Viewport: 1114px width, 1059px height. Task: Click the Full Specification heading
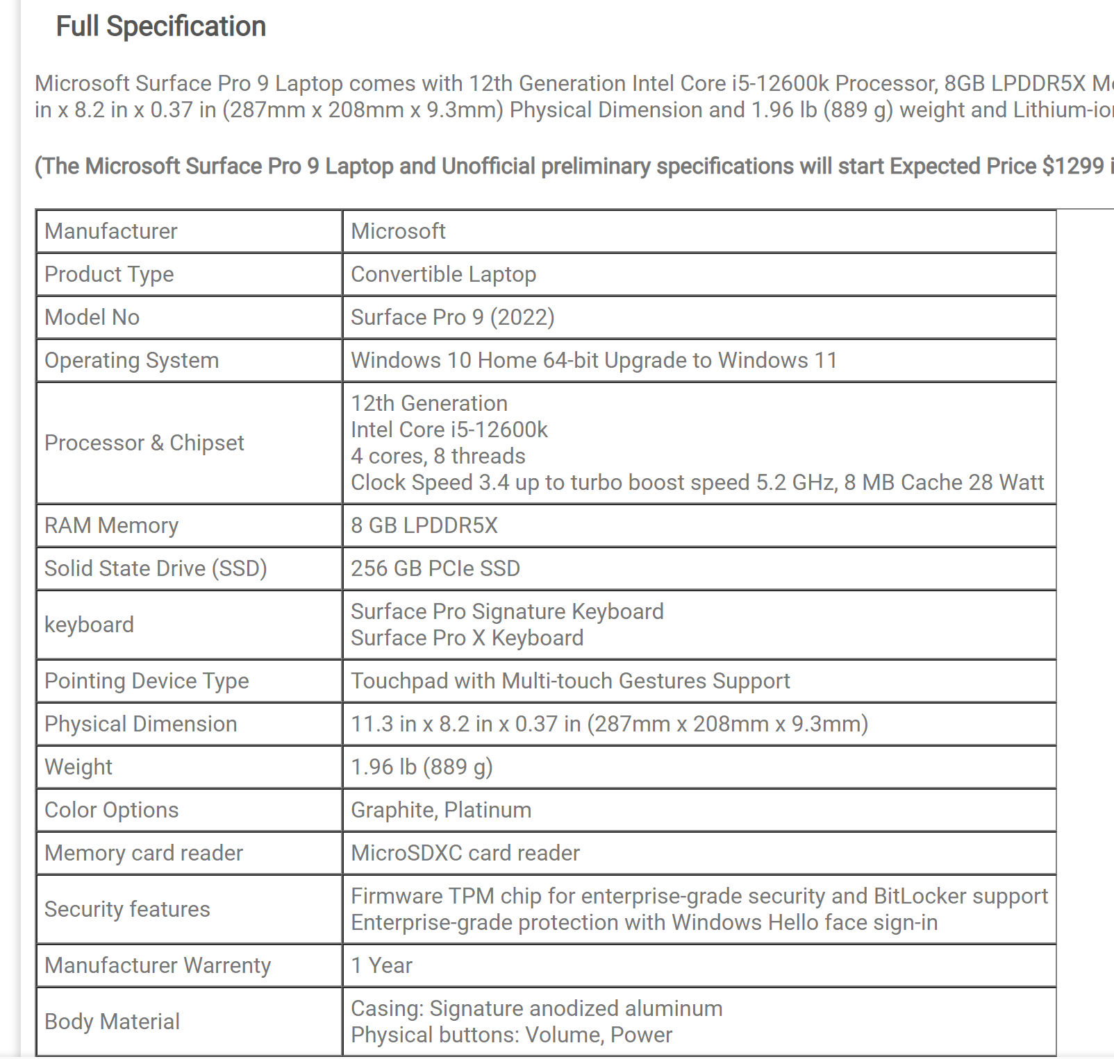(160, 26)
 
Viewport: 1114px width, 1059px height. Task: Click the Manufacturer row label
(111, 231)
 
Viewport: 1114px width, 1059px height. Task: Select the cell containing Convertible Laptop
(443, 274)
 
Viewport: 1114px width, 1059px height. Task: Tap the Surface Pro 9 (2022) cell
(452, 317)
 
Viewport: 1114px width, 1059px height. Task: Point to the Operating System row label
(131, 360)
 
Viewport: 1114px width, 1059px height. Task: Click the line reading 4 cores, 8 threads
(438, 456)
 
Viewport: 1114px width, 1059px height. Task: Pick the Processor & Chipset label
(144, 443)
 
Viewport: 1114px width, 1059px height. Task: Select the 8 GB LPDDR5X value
(424, 525)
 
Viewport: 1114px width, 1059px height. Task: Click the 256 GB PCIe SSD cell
(435, 568)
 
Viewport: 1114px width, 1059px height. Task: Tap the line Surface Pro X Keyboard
(467, 638)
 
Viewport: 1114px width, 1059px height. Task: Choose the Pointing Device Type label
(146, 681)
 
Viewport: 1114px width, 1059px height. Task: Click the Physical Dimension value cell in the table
(609, 724)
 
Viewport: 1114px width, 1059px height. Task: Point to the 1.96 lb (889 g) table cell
(422, 767)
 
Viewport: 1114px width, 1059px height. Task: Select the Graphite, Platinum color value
(440, 810)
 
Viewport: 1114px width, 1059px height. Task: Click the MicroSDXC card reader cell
(465, 853)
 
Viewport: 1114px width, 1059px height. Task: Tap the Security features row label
(127, 909)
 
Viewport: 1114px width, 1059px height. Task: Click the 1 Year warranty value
(381, 965)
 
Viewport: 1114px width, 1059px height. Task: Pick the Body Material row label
(112, 1022)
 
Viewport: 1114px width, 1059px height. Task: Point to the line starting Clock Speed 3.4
(697, 482)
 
